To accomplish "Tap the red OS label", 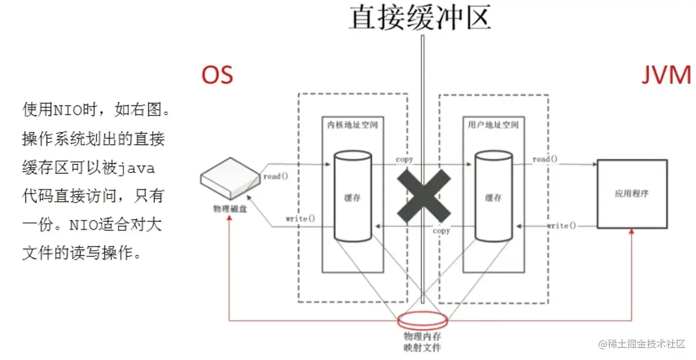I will [x=217, y=75].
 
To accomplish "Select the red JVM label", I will [x=666, y=75].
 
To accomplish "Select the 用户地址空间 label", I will [x=493, y=125].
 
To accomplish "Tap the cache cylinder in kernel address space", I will [x=352, y=197].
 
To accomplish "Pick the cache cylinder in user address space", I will [x=493, y=197].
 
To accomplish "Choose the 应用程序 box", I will [x=632, y=194].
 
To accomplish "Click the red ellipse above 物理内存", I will [x=423, y=320].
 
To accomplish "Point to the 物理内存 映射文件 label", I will [x=424, y=342].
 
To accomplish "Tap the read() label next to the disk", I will [x=276, y=176].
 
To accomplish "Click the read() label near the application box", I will [x=545, y=159].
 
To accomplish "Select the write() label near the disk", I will [x=300, y=219].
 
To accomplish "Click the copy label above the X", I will [x=404, y=159].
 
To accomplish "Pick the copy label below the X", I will [x=441, y=231].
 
